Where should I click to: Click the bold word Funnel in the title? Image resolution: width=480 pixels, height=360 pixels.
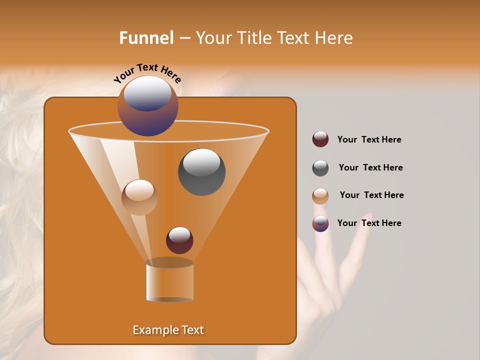(x=146, y=38)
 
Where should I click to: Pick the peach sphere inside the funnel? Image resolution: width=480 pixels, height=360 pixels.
(x=139, y=197)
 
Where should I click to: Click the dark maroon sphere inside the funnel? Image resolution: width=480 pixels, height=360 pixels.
(x=179, y=240)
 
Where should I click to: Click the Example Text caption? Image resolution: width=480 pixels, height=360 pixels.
(x=168, y=330)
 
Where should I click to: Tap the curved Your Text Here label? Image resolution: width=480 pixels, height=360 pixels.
(x=147, y=72)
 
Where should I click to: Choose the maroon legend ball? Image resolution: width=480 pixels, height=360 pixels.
(x=320, y=139)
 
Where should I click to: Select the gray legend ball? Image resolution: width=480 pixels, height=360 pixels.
(x=320, y=168)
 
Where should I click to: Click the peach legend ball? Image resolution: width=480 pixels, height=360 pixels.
(x=320, y=196)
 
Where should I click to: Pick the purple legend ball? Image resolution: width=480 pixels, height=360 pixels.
(x=320, y=223)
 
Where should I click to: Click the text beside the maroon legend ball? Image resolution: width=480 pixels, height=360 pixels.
(x=369, y=139)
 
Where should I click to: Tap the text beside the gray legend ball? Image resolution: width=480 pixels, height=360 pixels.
(x=370, y=167)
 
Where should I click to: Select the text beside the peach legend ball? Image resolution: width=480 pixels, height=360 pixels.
(x=371, y=195)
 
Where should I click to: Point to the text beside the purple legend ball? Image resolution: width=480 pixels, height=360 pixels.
(x=369, y=223)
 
